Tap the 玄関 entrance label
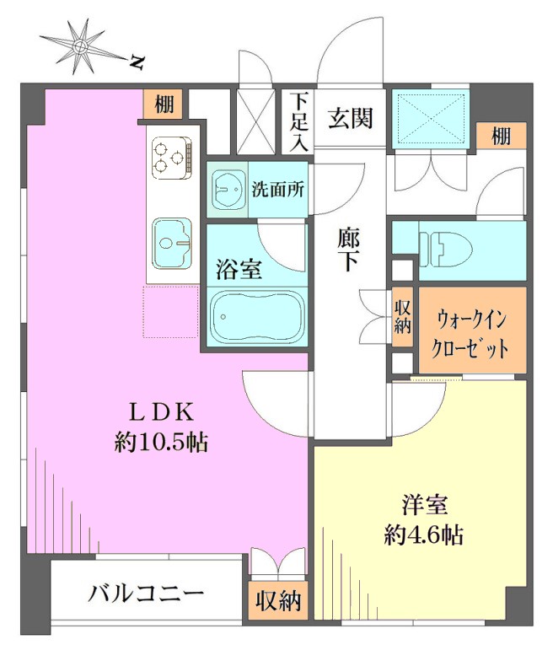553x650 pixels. (x=351, y=118)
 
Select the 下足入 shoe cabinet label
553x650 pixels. (x=299, y=122)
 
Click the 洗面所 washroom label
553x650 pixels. (x=278, y=190)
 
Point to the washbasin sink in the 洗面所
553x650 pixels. (x=227, y=190)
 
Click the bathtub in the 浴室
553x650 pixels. (x=257, y=316)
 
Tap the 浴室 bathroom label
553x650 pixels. (x=239, y=269)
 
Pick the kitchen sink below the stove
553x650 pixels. (x=172, y=244)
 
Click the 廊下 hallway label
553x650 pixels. (x=347, y=250)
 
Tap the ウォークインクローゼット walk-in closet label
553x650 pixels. (x=470, y=334)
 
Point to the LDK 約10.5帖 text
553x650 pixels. (x=161, y=427)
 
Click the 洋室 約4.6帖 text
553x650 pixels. (x=424, y=520)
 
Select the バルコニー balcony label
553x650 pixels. (x=146, y=594)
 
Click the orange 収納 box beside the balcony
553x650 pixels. (x=278, y=600)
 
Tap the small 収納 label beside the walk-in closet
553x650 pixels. (x=402, y=317)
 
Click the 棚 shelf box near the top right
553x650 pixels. (x=501, y=136)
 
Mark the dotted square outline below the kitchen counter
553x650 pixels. (x=171, y=311)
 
